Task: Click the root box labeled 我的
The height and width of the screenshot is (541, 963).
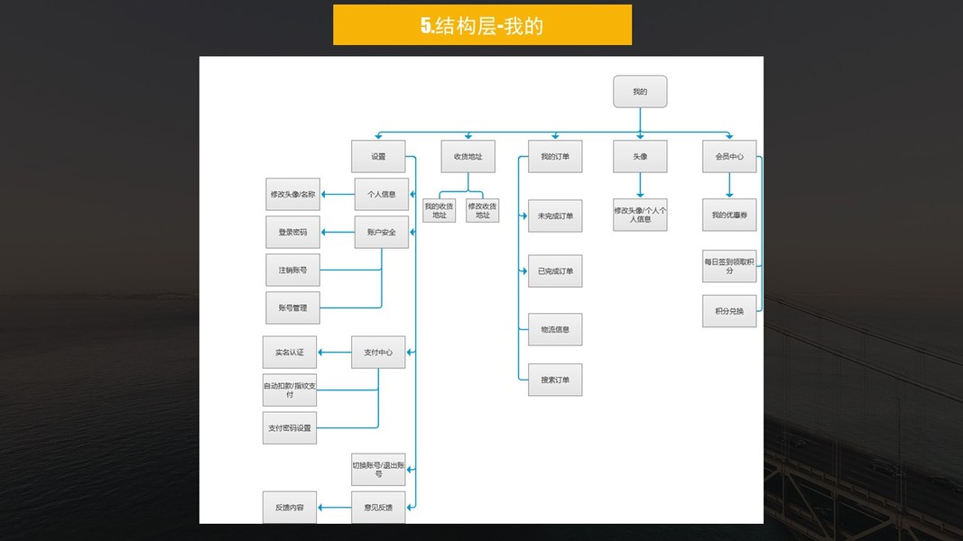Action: click(x=640, y=92)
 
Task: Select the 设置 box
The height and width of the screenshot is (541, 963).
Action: click(x=378, y=157)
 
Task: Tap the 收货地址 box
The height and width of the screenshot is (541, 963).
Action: click(x=468, y=157)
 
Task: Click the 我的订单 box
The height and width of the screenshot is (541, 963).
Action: click(x=555, y=157)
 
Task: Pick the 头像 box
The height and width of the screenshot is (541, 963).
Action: click(x=640, y=157)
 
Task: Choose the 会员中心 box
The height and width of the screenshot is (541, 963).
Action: click(x=729, y=157)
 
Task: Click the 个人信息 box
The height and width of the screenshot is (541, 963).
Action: click(x=381, y=194)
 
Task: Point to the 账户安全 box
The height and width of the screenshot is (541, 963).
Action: click(x=381, y=233)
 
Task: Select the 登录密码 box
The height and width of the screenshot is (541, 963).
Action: click(x=292, y=233)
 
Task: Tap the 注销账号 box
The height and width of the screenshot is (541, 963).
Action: click(x=292, y=270)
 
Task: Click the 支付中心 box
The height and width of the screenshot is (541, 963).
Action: click(x=378, y=353)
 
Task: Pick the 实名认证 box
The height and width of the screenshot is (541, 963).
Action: click(x=289, y=353)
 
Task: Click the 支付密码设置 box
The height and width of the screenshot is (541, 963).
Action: click(x=289, y=428)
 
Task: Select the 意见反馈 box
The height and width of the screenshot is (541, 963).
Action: click(x=378, y=508)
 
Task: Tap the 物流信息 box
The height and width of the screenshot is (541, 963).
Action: click(x=555, y=330)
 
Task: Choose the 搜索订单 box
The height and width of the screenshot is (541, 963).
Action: click(x=555, y=381)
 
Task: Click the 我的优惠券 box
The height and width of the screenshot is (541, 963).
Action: click(x=729, y=215)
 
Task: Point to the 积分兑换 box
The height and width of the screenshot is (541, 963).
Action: click(x=729, y=311)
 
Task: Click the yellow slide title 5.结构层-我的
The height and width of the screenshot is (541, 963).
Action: click(x=482, y=25)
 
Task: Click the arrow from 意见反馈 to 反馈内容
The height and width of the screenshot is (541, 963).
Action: click(x=334, y=508)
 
